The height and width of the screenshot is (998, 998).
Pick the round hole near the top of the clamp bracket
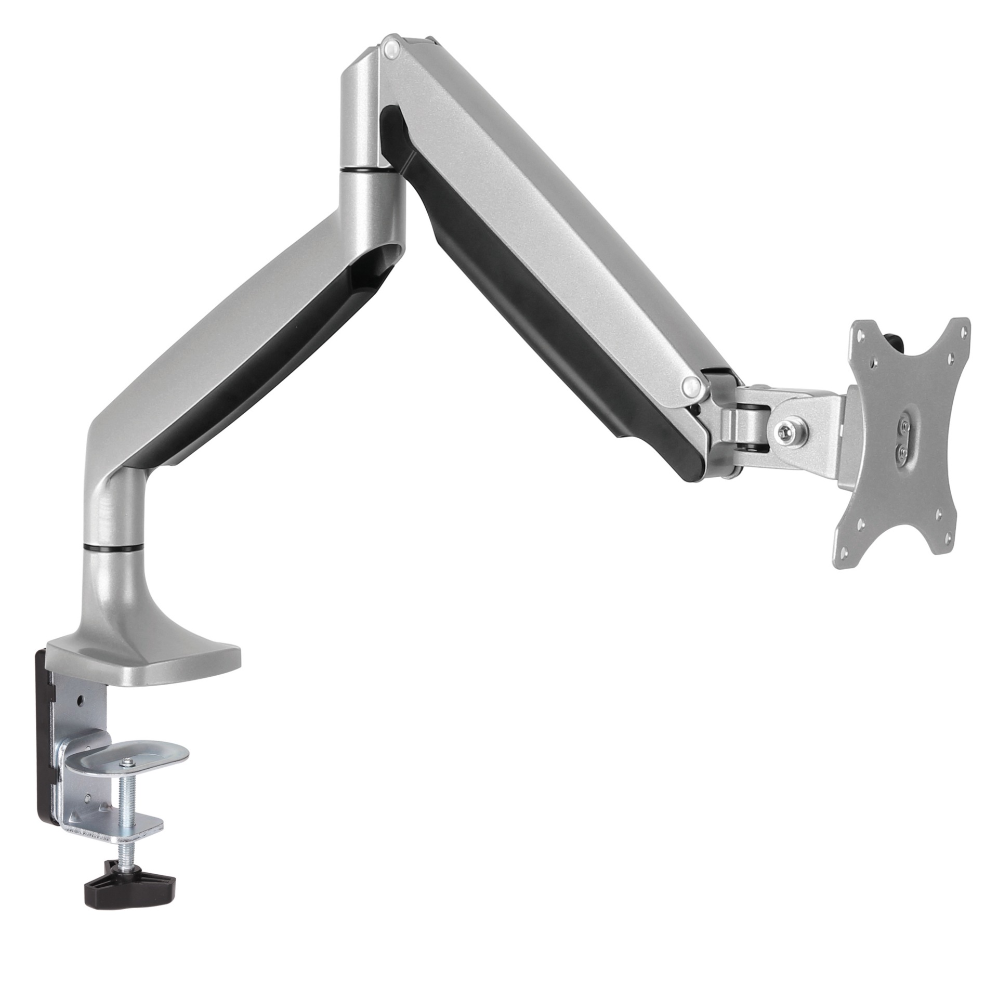click(x=81, y=700)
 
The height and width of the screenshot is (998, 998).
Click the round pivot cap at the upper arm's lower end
click(x=691, y=385)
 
